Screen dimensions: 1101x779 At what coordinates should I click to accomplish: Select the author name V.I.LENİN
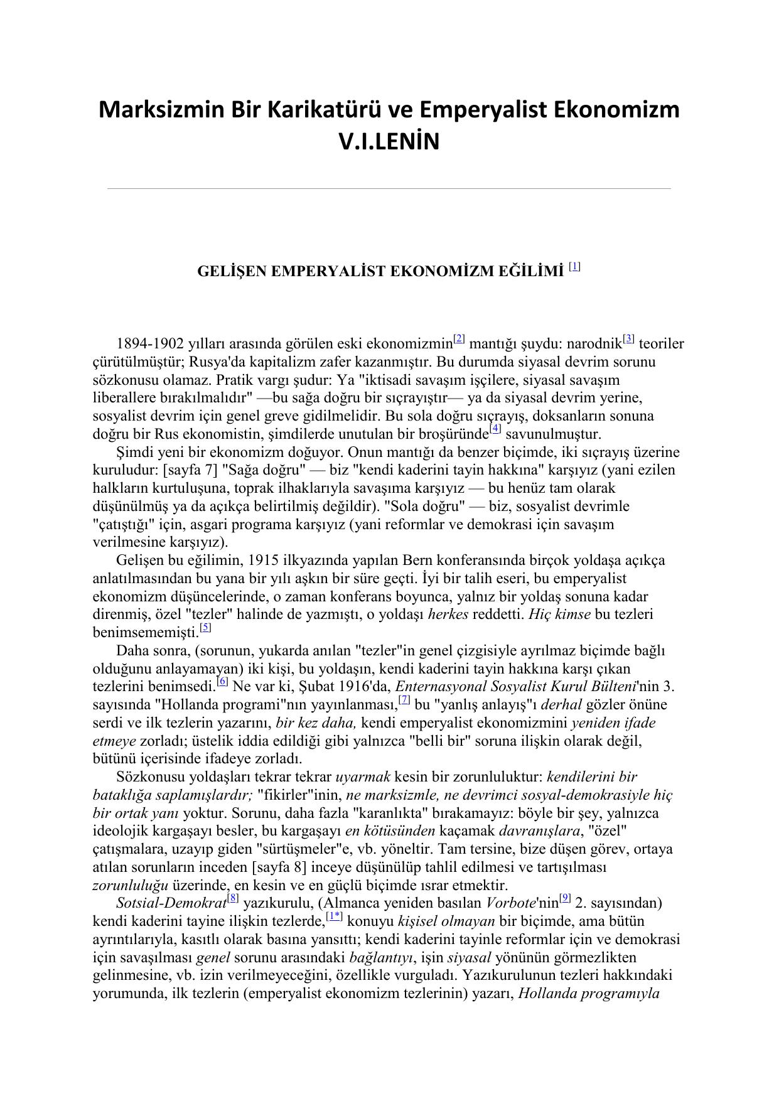[389, 142]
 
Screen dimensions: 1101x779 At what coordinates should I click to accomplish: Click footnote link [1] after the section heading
[574, 267]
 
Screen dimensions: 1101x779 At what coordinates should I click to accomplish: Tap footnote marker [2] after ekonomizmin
[459, 340]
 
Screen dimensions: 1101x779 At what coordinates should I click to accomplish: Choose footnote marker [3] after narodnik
[629, 340]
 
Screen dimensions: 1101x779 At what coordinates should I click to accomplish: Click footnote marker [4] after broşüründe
[496, 430]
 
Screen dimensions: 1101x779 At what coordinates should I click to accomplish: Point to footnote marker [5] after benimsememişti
[205, 628]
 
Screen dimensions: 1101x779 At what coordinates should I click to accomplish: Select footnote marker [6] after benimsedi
[222, 682]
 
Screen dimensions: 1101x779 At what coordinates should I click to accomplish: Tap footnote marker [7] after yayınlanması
[405, 700]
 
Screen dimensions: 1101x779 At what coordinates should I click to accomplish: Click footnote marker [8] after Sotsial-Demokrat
[233, 899]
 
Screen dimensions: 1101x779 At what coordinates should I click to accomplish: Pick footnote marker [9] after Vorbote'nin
[565, 899]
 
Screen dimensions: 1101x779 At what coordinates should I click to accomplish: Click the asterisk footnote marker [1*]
[335, 917]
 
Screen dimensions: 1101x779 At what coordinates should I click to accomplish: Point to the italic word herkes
[448, 615]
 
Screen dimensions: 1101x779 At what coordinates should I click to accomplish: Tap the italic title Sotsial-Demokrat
[171, 904]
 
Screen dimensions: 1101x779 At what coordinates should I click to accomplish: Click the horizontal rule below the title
[389, 188]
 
